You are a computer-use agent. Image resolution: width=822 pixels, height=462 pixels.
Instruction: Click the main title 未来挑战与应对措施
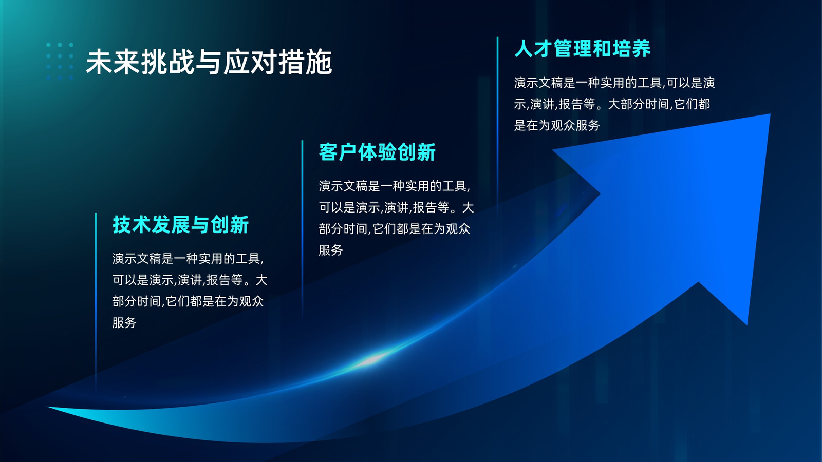coord(209,62)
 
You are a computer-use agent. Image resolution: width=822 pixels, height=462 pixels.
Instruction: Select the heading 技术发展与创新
coord(180,224)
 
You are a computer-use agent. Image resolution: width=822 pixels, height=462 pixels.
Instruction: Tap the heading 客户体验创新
coord(377,152)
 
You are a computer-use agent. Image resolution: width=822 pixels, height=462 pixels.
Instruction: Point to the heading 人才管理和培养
coord(583,49)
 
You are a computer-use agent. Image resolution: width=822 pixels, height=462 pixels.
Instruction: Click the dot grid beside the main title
coord(60,61)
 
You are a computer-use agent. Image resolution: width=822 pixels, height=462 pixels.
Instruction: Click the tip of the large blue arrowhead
coord(770,115)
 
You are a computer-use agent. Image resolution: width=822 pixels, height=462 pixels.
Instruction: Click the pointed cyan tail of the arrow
coord(49,408)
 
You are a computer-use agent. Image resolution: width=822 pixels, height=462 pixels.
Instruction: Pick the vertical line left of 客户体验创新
coord(303,228)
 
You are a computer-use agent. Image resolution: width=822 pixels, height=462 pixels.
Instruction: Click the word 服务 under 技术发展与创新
coord(124,323)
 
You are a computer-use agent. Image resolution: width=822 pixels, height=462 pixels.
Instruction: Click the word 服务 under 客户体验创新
coord(331,250)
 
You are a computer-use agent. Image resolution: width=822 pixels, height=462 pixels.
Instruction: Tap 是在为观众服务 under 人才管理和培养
coord(557,125)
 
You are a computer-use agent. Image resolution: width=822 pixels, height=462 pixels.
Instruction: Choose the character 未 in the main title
coord(99,62)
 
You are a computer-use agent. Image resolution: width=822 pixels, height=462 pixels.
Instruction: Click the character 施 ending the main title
coord(319,62)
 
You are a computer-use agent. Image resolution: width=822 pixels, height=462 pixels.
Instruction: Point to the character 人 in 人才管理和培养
coord(524,49)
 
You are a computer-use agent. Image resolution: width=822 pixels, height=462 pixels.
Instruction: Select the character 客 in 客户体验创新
coord(328,152)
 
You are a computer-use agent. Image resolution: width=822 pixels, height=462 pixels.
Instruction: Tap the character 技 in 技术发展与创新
coord(122,224)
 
